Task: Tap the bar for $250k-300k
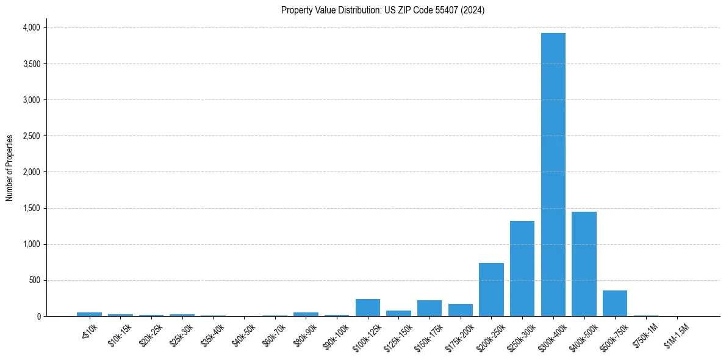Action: [522, 268]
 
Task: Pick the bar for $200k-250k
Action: [491, 289]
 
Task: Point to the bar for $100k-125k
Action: [368, 308]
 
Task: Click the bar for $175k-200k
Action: [461, 310]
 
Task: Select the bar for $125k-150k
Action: [398, 313]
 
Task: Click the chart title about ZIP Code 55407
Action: [383, 10]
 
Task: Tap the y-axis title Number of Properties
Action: [10, 168]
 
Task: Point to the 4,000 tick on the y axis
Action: [31, 28]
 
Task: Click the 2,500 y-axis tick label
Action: [31, 136]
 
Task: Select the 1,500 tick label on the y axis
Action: [31, 208]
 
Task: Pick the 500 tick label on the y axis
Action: [35, 280]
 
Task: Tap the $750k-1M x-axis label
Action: [645, 334]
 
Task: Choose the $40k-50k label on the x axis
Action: [244, 334]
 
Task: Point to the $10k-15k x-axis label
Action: [120, 334]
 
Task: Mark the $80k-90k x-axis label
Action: [306, 334]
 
